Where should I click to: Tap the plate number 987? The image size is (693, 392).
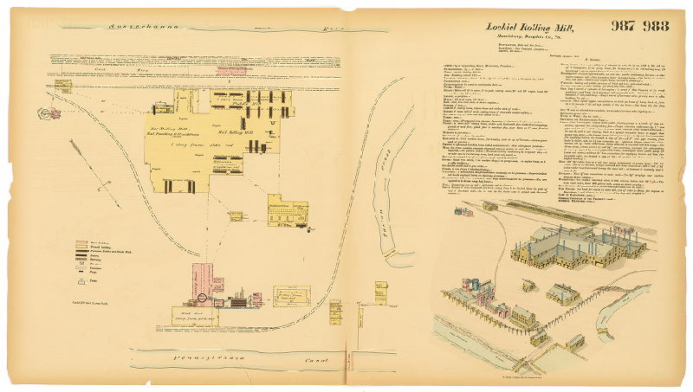(x=625, y=25)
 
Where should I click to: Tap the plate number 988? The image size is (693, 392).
(x=656, y=25)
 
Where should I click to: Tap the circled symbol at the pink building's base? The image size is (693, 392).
(x=202, y=298)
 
